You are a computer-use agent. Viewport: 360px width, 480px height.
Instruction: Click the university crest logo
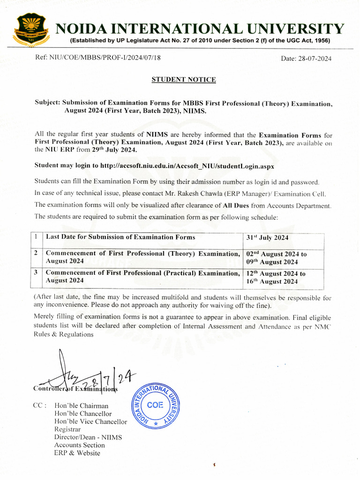tap(30, 30)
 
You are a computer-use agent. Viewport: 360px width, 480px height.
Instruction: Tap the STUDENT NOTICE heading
tap(184, 80)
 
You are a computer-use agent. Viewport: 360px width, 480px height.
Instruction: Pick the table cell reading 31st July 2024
tap(267, 238)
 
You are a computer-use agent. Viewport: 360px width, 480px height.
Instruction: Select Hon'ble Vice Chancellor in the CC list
tap(90, 421)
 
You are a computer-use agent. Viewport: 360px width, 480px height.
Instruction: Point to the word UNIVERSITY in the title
tap(297, 30)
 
